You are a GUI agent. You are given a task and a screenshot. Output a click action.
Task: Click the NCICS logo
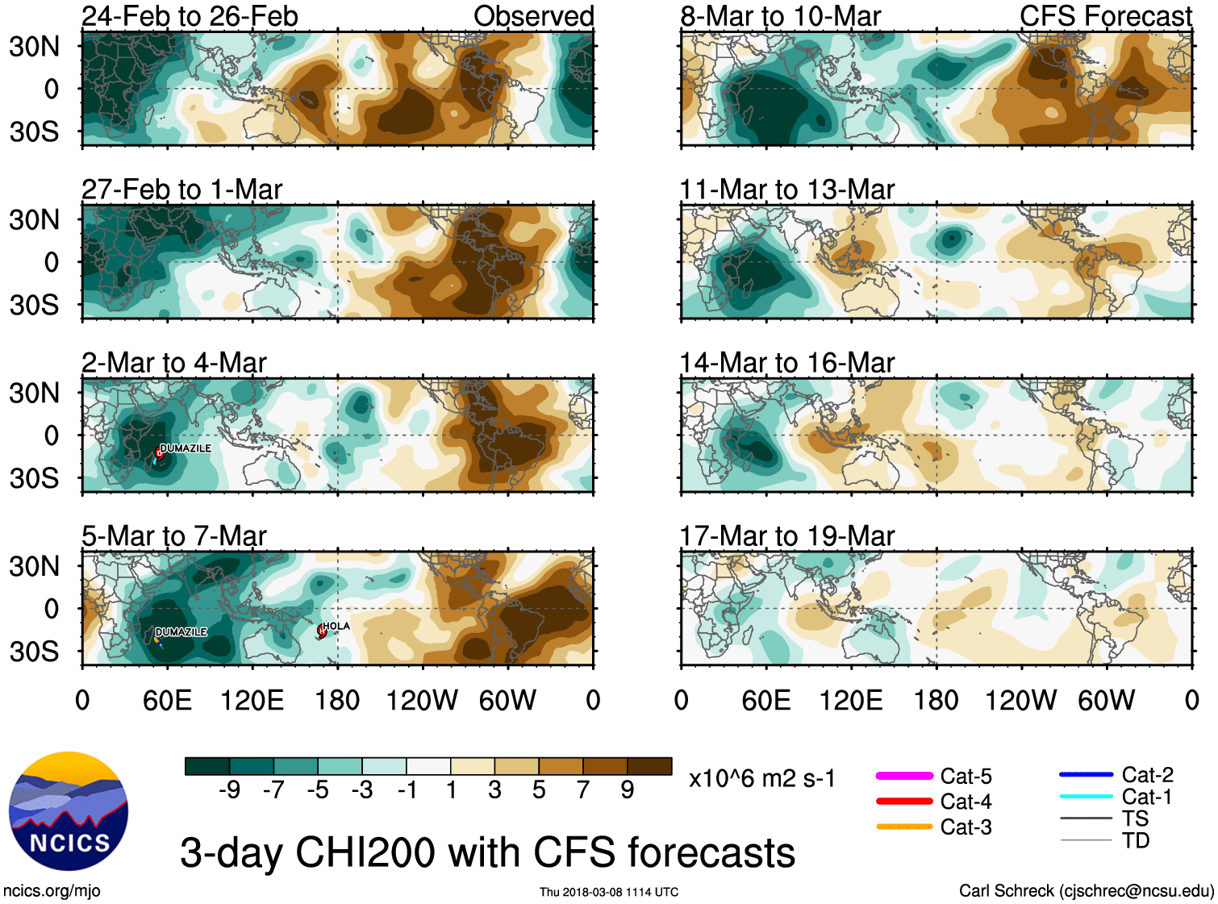click(x=68, y=810)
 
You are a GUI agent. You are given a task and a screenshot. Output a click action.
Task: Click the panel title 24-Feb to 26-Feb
click(x=190, y=16)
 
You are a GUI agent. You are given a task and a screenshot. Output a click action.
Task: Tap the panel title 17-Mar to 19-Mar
click(x=786, y=536)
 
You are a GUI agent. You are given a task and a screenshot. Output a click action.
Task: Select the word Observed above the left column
click(x=533, y=16)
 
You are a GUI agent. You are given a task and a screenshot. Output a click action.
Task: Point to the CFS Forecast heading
click(x=1105, y=16)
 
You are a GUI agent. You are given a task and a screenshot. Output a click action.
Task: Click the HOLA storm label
click(x=336, y=626)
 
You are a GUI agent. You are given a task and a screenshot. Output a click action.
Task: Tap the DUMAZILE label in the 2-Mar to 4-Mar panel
click(x=186, y=448)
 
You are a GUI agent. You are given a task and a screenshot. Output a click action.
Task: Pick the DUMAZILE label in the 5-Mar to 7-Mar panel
click(x=181, y=632)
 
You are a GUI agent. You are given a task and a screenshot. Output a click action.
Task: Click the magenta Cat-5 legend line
click(x=904, y=776)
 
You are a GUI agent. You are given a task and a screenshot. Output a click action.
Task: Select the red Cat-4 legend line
click(x=904, y=802)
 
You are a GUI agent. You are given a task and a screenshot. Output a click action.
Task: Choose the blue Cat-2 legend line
click(x=1086, y=775)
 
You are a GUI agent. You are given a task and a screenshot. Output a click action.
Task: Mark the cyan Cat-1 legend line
click(x=1086, y=797)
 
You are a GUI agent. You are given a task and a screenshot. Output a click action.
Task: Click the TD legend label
click(x=1135, y=840)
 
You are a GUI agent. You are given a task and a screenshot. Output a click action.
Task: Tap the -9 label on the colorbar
click(x=229, y=790)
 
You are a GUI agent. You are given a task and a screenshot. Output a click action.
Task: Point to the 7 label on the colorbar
click(x=583, y=790)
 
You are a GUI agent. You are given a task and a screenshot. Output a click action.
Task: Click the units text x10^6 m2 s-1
click(x=761, y=779)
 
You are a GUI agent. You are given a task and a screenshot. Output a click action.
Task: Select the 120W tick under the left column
click(x=422, y=700)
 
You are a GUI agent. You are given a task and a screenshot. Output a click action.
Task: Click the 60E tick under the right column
click(x=765, y=700)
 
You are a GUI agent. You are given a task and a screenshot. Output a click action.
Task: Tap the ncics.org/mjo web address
click(x=52, y=891)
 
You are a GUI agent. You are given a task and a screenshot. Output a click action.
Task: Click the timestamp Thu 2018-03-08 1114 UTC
click(x=609, y=892)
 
